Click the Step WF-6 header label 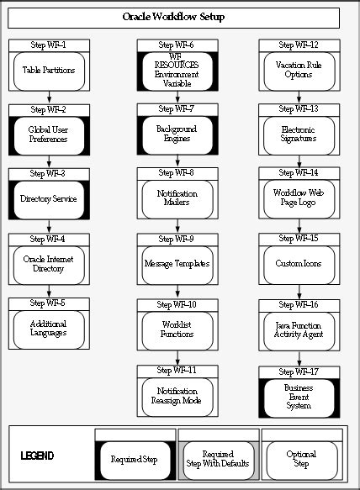coord(177,45)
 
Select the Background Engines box coord(177,134)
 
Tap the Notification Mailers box coord(177,199)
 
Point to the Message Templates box coord(177,263)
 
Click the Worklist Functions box coord(177,328)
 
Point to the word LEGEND coord(37,456)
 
